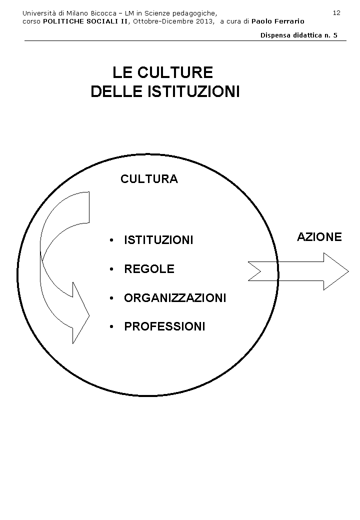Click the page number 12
(336, 12)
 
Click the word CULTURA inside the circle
(149, 179)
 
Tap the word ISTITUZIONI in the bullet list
(158, 240)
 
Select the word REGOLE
(149, 269)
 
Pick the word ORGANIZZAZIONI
(175, 298)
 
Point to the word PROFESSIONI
(164, 327)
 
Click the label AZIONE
(319, 237)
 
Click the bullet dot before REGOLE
(111, 269)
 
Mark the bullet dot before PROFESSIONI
(111, 327)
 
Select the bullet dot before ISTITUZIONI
(111, 240)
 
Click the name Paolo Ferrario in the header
(277, 21)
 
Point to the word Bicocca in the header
(103, 12)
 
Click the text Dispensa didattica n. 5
(299, 35)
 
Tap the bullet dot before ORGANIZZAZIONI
(111, 298)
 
